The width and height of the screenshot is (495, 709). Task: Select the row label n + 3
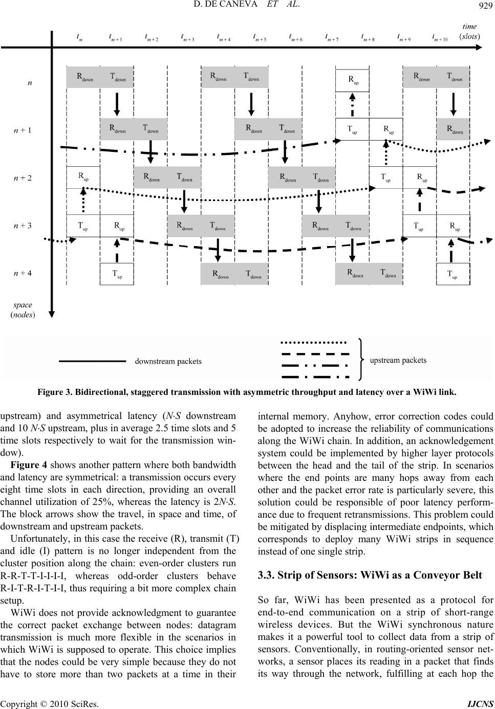(23, 226)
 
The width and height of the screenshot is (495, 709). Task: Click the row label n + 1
(23, 130)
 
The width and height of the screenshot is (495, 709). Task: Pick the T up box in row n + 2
(386, 178)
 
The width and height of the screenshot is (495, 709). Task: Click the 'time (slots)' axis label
(469, 31)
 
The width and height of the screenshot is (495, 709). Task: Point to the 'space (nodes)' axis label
(23, 309)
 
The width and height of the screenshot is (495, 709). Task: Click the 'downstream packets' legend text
(168, 362)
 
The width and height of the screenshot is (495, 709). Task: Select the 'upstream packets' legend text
(398, 360)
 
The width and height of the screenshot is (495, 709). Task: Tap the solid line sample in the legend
(93, 362)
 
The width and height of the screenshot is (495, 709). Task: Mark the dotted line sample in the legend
(314, 341)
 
